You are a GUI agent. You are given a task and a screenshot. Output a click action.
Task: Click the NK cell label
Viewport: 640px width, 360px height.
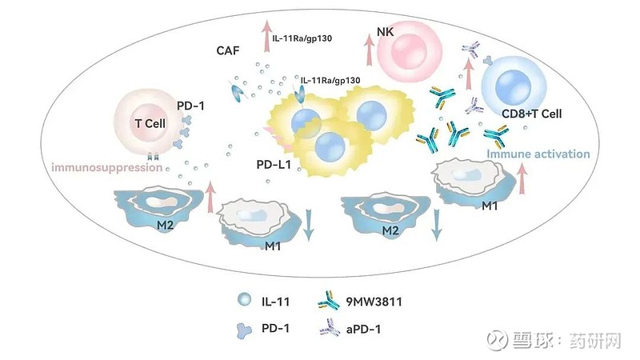pyautogui.click(x=386, y=32)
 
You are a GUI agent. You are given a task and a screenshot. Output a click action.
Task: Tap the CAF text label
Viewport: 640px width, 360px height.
pyautogui.click(x=228, y=50)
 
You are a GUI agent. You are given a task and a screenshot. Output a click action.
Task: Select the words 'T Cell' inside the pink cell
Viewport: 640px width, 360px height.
pyautogui.click(x=150, y=123)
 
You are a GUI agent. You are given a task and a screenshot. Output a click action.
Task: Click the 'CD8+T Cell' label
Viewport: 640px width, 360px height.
pyautogui.click(x=531, y=114)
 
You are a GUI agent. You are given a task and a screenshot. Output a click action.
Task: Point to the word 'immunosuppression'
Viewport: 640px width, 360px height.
pyautogui.click(x=107, y=167)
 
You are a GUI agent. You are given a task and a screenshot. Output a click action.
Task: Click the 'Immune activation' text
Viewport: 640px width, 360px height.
pyautogui.click(x=538, y=154)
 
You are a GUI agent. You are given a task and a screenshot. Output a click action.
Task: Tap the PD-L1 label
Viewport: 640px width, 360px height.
pyautogui.click(x=274, y=165)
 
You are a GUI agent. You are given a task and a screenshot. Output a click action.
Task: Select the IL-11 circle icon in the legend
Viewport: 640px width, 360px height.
pyautogui.click(x=245, y=300)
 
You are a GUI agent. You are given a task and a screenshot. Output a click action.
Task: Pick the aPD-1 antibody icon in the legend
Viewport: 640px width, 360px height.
pyautogui.click(x=330, y=327)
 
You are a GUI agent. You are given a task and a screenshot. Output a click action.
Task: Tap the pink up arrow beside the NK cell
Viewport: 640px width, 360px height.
pyautogui.click(x=370, y=50)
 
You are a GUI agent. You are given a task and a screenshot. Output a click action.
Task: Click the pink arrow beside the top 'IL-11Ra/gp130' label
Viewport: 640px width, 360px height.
pyautogui.click(x=267, y=36)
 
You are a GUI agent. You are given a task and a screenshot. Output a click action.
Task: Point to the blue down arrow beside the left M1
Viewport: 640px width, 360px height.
pyautogui.click(x=309, y=225)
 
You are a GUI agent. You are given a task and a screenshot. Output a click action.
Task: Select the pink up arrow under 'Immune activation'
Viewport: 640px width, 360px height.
pyautogui.click(x=522, y=179)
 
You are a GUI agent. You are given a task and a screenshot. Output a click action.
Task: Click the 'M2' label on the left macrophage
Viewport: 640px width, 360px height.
pyautogui.click(x=166, y=225)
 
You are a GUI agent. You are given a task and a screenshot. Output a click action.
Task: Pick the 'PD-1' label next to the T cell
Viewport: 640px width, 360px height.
pyautogui.click(x=190, y=106)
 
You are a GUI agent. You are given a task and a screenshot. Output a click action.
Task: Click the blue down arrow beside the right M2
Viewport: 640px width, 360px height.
pyautogui.click(x=437, y=226)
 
